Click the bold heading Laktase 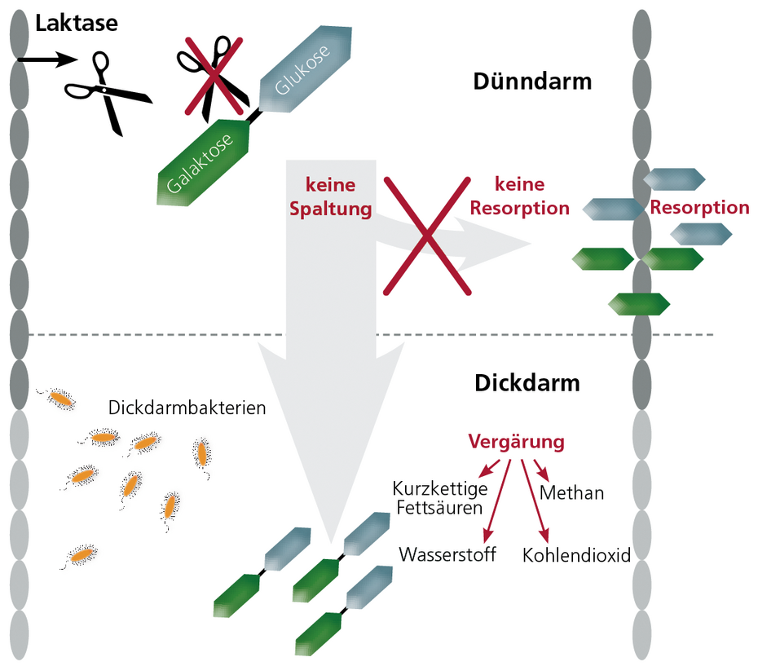76,23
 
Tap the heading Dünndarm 531,82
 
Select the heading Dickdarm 527,382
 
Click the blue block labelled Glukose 305,68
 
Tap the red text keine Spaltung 330,196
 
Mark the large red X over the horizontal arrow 427,235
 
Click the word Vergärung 516,442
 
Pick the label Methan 571,492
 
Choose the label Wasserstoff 447,554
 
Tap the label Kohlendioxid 576,555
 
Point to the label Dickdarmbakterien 187,407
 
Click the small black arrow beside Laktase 45,60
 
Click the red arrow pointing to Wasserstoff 498,501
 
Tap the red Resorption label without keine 699,207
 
